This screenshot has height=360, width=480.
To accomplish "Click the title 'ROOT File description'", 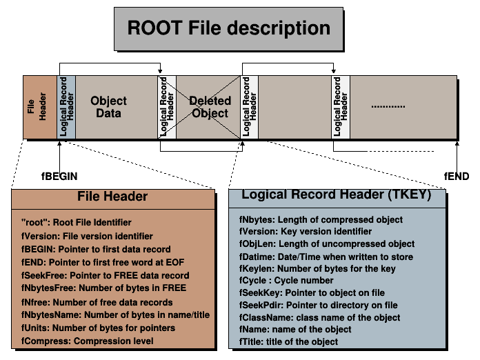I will click(x=229, y=28).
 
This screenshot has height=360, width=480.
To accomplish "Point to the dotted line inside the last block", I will click(x=388, y=106).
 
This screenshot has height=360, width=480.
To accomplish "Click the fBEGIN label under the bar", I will click(x=60, y=176).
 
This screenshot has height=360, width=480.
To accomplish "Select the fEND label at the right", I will click(x=456, y=176).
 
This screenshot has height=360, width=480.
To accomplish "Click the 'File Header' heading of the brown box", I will click(x=112, y=197).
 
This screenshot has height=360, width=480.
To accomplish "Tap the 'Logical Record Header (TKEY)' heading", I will click(x=336, y=195).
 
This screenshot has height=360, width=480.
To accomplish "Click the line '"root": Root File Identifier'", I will click(x=76, y=222).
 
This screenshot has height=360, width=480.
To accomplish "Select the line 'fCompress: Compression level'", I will click(x=86, y=341).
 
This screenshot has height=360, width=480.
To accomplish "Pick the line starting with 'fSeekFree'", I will click(x=95, y=275).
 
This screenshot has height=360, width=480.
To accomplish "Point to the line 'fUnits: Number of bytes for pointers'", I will click(x=97, y=328).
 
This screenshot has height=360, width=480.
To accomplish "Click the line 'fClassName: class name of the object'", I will click(x=320, y=318).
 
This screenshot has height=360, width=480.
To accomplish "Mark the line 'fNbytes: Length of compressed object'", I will click(x=321, y=219).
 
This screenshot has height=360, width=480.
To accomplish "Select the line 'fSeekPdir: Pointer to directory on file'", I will click(x=318, y=306).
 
